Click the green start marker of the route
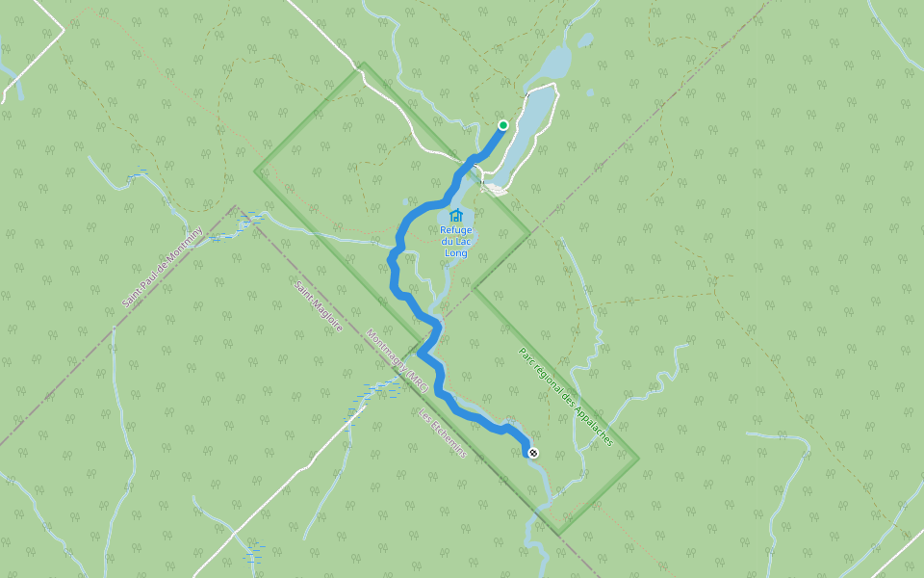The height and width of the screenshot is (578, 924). point(502,125)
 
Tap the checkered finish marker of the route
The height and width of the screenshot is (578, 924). point(533,453)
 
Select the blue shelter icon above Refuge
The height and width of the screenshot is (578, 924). point(456,215)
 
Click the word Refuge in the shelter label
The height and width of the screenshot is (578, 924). point(456,229)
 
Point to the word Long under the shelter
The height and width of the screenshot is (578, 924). point(456,253)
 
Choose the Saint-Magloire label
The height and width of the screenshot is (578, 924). point(319,306)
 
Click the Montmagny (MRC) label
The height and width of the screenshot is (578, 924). point(397,361)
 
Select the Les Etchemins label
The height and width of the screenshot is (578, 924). point(442,433)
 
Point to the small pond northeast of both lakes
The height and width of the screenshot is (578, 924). point(585,40)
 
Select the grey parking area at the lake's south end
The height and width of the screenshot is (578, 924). point(496,189)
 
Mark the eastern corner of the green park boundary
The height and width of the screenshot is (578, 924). point(638,458)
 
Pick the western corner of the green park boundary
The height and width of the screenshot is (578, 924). point(256,171)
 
